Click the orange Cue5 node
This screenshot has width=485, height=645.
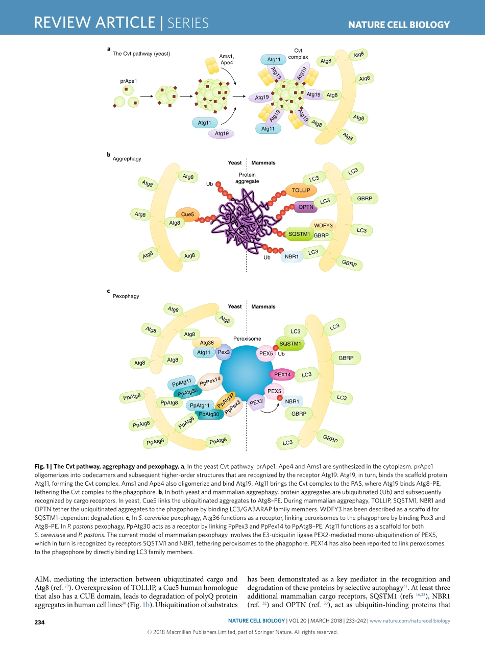click(187, 214)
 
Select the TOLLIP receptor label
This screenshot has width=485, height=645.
click(301, 190)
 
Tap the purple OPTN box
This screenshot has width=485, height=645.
click(306, 207)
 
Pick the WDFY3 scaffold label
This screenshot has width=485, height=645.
click(323, 225)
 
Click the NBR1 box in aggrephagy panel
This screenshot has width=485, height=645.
click(292, 256)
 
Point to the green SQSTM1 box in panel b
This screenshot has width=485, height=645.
click(299, 234)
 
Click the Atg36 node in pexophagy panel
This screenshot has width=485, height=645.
click(207, 343)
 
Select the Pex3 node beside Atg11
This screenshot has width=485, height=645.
click(224, 352)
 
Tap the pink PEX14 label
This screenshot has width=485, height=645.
click(282, 374)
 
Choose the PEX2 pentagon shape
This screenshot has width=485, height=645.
click(256, 402)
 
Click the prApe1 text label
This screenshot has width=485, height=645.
click(129, 81)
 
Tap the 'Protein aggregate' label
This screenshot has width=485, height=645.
click(247, 178)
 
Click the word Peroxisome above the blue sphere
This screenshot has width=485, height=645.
click(247, 339)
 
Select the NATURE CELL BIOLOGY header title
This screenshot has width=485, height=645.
click(399, 25)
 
